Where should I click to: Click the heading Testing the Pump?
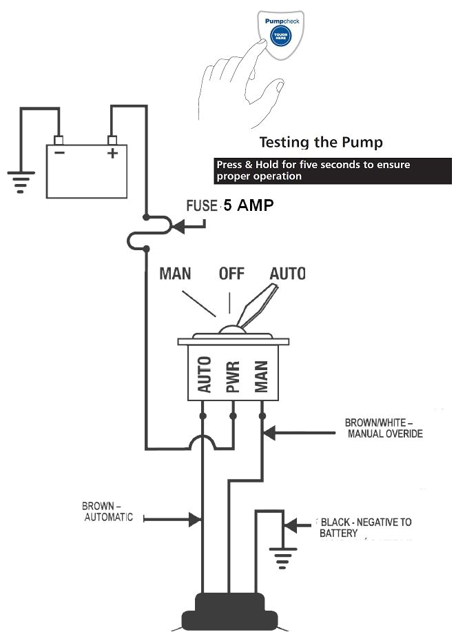click(x=320, y=143)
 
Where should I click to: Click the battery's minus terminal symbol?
click(x=60, y=153)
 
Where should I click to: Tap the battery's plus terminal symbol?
click(x=112, y=153)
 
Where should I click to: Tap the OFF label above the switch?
click(x=232, y=274)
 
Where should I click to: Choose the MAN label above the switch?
click(x=176, y=274)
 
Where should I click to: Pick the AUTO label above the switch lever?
click(x=287, y=274)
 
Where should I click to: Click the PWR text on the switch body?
click(x=233, y=376)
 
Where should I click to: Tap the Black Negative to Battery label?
click(x=364, y=527)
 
